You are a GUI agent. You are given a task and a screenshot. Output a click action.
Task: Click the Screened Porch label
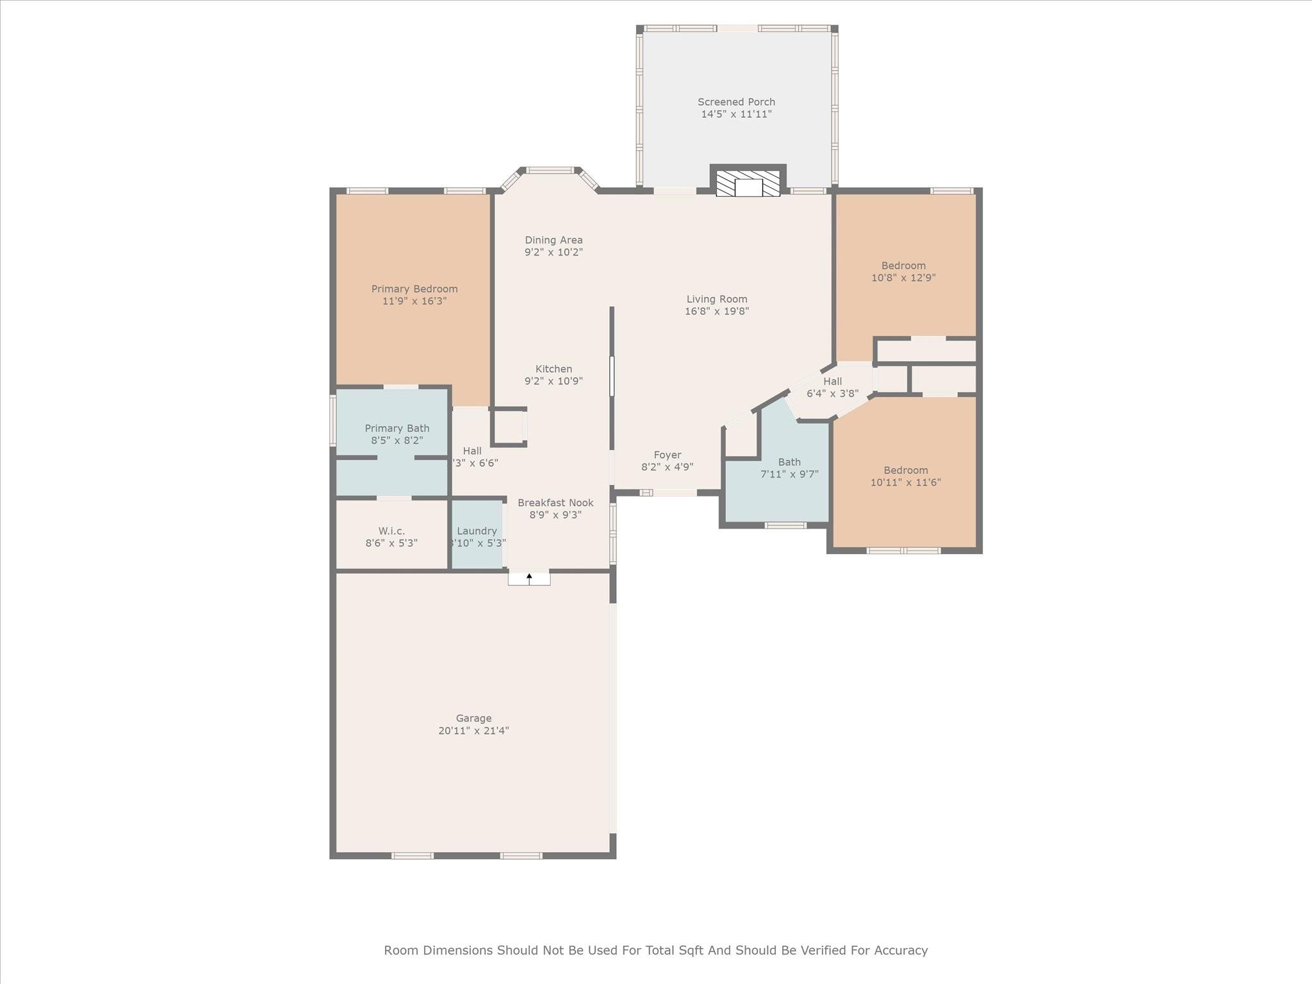tap(736, 102)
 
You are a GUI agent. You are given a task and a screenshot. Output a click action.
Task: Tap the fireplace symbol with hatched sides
tap(748, 183)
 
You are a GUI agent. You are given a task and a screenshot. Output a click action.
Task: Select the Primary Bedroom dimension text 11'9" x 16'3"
tap(414, 301)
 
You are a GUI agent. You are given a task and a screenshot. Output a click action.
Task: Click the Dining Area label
tap(553, 240)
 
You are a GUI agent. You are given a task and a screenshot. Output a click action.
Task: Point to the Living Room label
tap(717, 299)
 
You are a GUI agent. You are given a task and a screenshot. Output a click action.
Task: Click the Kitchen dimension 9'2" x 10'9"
tap(553, 381)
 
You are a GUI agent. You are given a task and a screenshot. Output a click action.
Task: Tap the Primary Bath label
tap(397, 429)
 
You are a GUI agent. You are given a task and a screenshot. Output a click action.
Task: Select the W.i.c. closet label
tap(391, 531)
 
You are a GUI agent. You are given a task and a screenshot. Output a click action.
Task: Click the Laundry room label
tap(477, 531)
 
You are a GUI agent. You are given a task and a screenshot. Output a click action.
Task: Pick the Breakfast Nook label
tap(555, 503)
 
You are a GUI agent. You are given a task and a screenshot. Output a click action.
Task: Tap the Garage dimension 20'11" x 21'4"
tap(473, 731)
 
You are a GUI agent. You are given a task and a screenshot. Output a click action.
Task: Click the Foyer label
tap(668, 455)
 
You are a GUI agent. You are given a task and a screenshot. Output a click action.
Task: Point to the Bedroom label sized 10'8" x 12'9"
tap(903, 266)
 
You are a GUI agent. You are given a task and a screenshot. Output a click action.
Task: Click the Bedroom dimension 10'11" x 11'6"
tap(905, 482)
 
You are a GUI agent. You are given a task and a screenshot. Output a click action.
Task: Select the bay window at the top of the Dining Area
tap(550, 170)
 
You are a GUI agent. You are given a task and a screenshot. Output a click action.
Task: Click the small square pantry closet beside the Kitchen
tap(509, 427)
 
